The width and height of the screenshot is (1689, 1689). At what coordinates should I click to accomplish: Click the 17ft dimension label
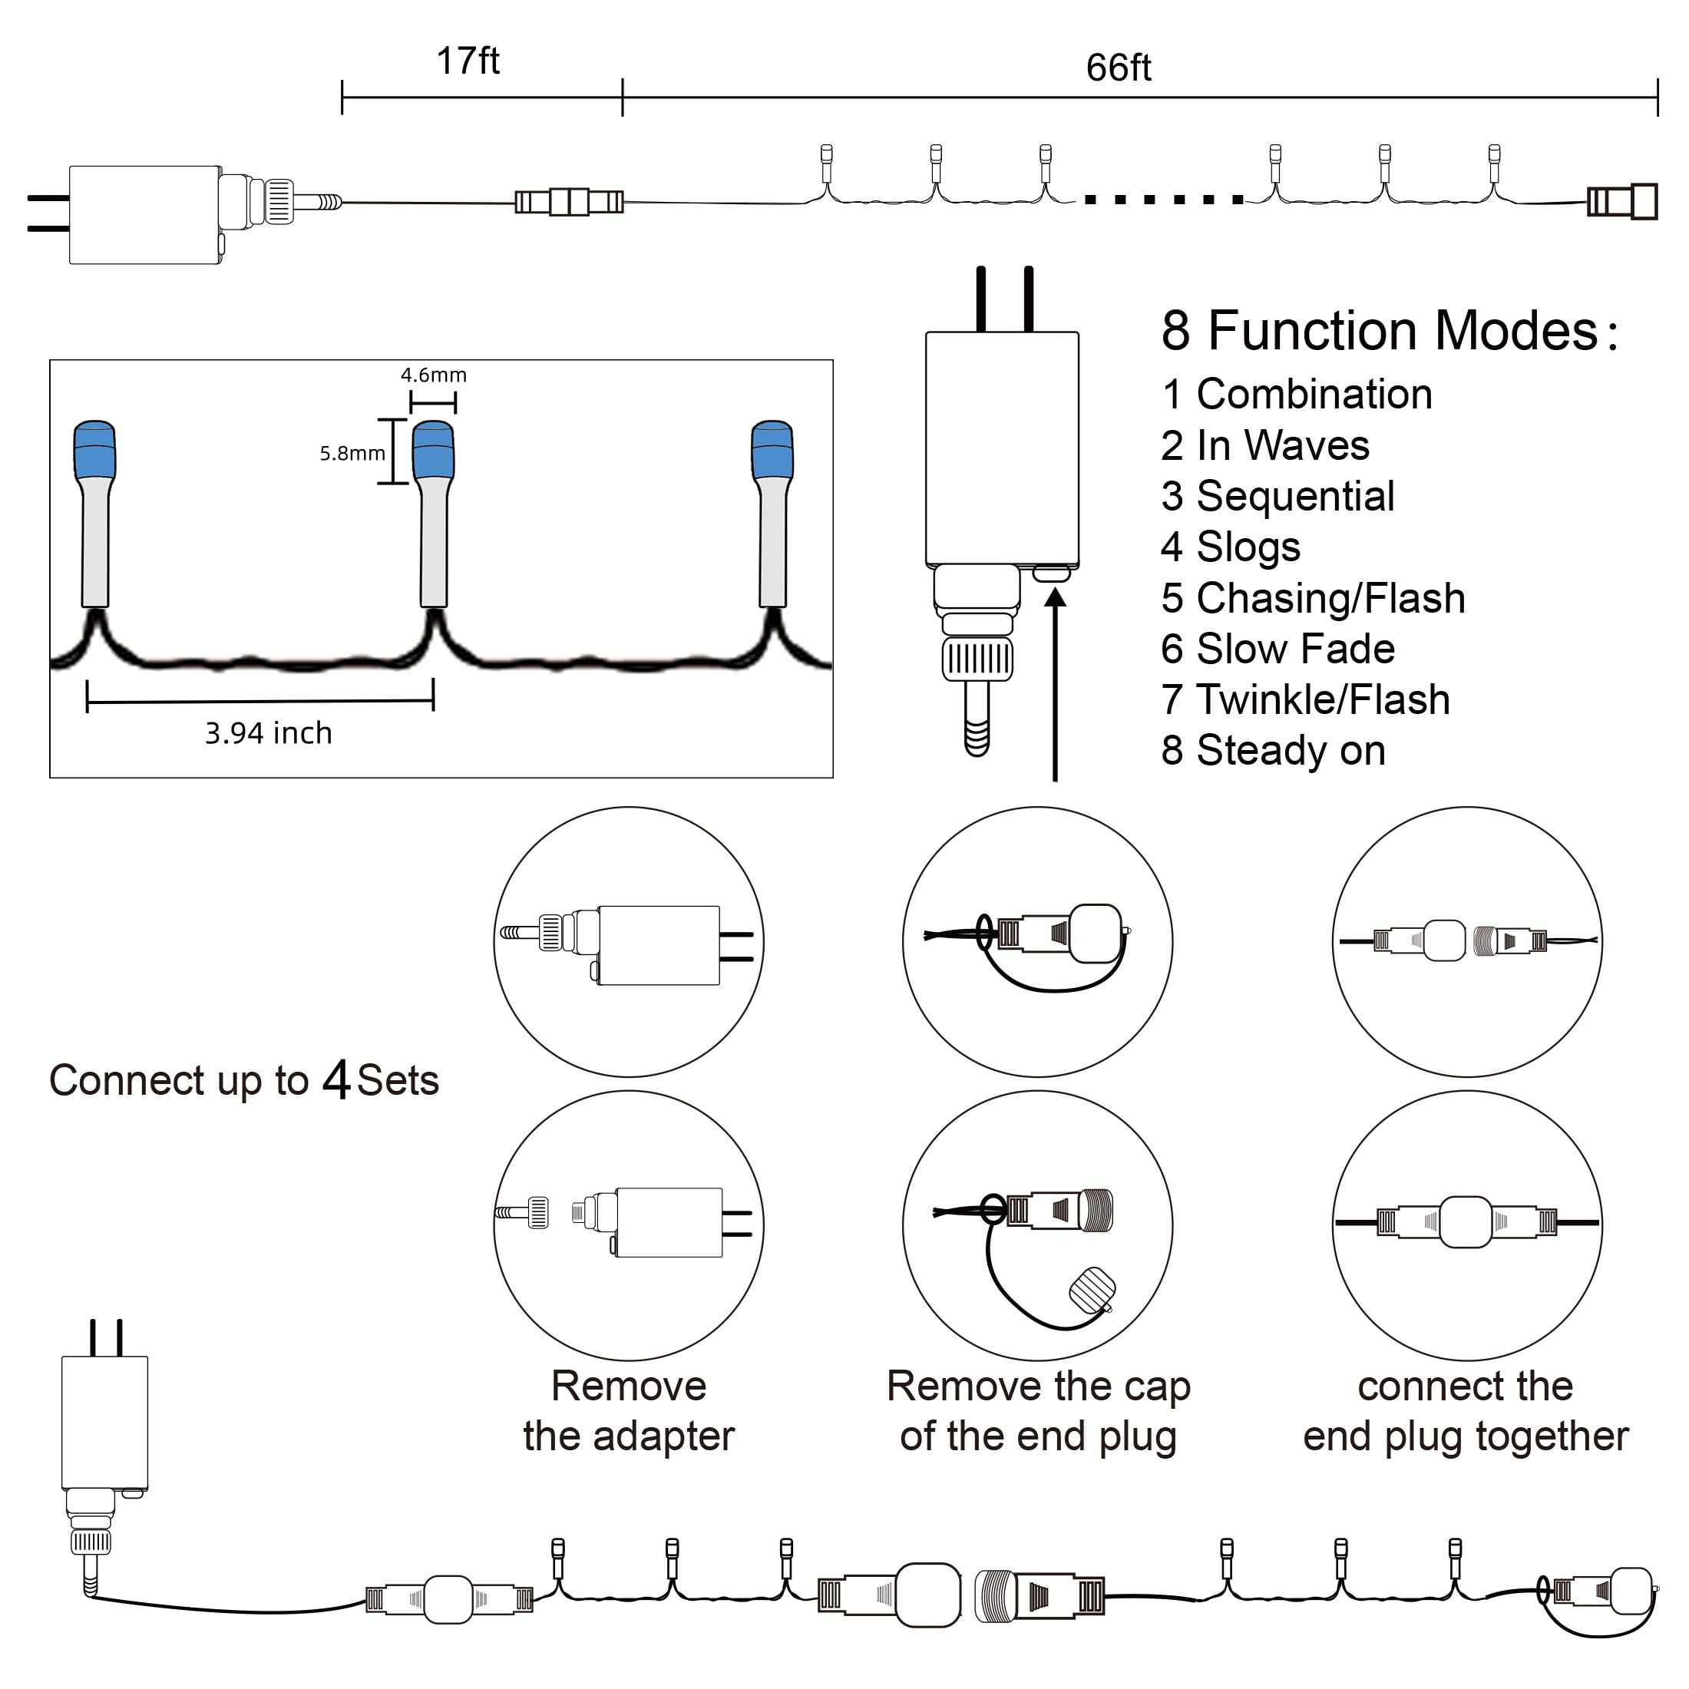pyautogui.click(x=468, y=61)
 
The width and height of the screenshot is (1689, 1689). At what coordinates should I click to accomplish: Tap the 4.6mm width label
pyautogui.click(x=434, y=375)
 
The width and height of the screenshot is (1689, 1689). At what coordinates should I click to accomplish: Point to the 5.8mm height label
pyautogui.click(x=352, y=453)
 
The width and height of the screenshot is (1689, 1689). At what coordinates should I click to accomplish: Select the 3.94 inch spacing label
pyautogui.click(x=269, y=732)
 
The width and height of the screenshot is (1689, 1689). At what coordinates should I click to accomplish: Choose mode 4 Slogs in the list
pyautogui.click(x=1230, y=548)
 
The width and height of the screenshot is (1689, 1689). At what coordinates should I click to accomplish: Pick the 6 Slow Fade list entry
pyautogui.click(x=1277, y=649)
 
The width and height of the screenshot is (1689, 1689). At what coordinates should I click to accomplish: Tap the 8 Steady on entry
pyautogui.click(x=1273, y=750)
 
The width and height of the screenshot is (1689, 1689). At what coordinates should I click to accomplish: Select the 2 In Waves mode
pyautogui.click(x=1265, y=445)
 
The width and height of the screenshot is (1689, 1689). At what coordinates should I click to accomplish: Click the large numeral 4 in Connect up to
pyautogui.click(x=336, y=1079)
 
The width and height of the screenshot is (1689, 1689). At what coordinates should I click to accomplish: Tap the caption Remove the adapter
pyautogui.click(x=629, y=1411)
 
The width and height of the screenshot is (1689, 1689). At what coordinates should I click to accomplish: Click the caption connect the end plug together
pyautogui.click(x=1466, y=1411)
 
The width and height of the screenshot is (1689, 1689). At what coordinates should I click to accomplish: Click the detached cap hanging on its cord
pyautogui.click(x=1092, y=1291)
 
